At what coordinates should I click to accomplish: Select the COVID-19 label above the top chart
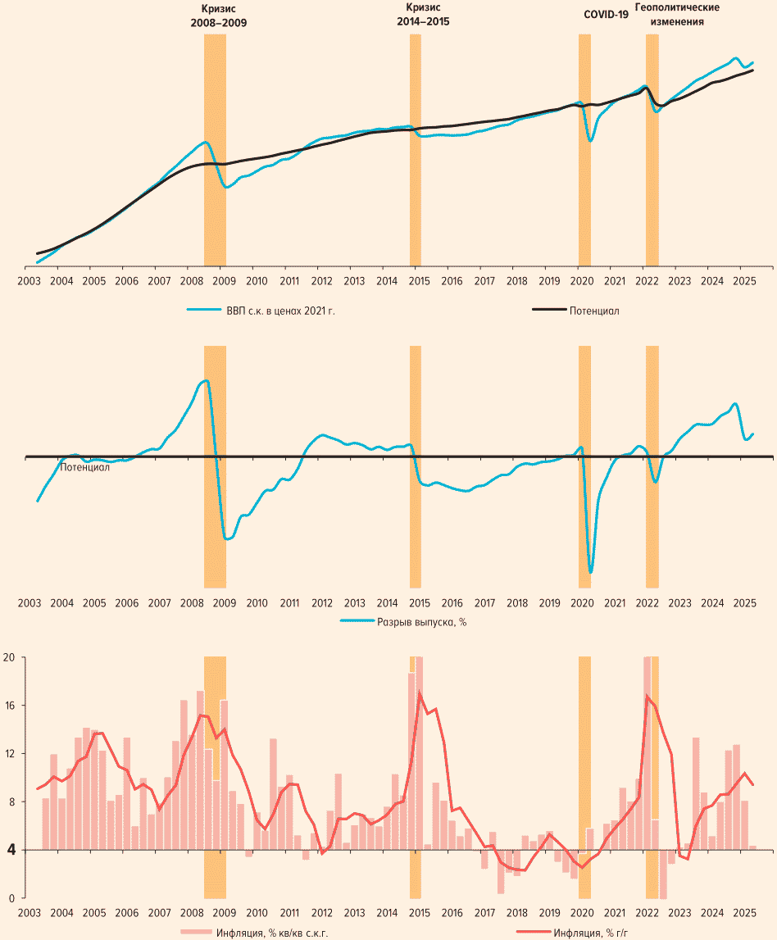[x=606, y=15]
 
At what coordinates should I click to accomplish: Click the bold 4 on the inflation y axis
[x=10, y=850]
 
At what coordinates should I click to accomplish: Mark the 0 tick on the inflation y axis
[x=11, y=898]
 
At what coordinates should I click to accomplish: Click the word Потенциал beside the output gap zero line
[x=84, y=467]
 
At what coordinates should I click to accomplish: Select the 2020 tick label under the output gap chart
[x=581, y=604]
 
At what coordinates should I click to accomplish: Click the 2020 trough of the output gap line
[x=590, y=571]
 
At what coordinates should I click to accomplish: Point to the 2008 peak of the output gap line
[x=206, y=380]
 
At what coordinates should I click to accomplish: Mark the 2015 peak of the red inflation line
[x=420, y=694]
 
